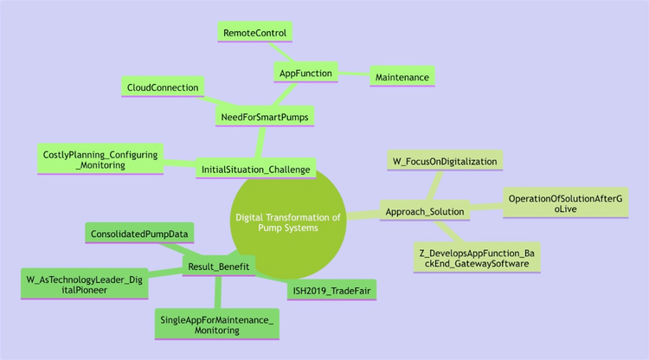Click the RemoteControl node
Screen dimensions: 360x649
click(254, 33)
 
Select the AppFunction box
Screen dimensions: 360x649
click(305, 73)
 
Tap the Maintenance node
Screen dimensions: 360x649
click(402, 78)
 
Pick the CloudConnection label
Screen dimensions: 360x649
click(163, 87)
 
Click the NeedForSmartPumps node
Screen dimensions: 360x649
click(263, 115)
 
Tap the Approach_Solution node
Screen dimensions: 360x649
click(424, 211)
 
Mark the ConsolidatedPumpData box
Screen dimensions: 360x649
click(139, 234)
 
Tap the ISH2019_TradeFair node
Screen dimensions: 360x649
click(332, 290)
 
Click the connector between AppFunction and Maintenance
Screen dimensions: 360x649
click(354, 75)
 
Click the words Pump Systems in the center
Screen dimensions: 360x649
click(288, 228)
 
